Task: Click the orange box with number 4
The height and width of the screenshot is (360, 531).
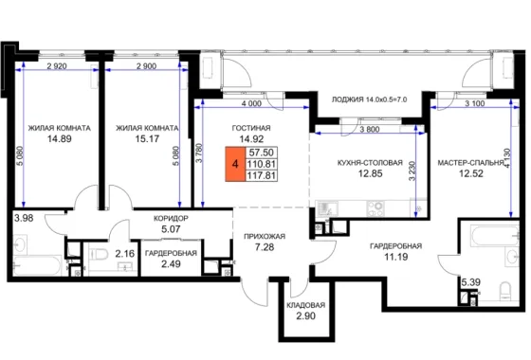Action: coord(235,164)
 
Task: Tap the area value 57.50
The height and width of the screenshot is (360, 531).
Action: coord(261,153)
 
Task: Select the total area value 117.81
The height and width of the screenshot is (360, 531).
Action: coord(261,175)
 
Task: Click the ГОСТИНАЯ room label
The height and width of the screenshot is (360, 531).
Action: coord(251,128)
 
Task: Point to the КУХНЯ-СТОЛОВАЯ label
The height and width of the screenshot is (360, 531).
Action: coord(370,163)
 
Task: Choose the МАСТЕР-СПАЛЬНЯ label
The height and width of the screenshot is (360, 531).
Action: coord(470,163)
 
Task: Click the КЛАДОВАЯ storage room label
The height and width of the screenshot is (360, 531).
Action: coord(305,305)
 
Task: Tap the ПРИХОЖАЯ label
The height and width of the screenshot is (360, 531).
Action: coord(265,237)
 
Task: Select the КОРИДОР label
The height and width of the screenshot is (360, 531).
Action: coord(171,219)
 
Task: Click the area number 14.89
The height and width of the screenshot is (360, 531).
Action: coord(59,138)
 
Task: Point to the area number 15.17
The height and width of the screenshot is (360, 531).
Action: coord(147,138)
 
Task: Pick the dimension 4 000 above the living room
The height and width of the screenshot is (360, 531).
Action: coord(251,103)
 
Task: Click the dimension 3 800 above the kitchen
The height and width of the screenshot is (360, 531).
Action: coord(370,129)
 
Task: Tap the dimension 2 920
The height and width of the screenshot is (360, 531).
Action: coord(57,66)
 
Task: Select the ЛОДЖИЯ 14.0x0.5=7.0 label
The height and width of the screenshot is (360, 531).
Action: coord(369,99)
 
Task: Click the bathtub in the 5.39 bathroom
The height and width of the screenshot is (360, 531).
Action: coord(494,237)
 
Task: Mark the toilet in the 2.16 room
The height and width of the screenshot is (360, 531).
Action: coord(99,254)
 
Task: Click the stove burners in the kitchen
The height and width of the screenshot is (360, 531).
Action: coord(375,208)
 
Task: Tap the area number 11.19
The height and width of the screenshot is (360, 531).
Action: coord(396,257)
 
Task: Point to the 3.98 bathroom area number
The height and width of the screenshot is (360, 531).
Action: coord(24,218)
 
